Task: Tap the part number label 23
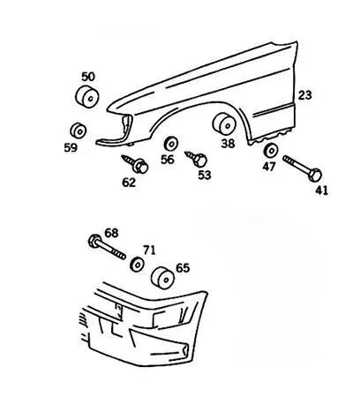tap(305, 94)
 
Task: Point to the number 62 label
tap(130, 183)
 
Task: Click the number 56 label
tap(168, 160)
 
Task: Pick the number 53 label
tap(204, 176)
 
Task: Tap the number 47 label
tap(270, 166)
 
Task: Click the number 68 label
tap(111, 232)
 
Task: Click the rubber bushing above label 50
tap(86, 97)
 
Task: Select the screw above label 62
tap(139, 164)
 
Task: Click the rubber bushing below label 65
tap(161, 279)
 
